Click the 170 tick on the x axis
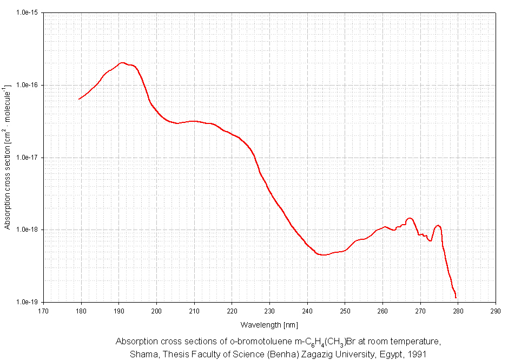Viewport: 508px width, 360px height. click(43, 311)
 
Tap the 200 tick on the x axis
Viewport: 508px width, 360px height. click(156, 311)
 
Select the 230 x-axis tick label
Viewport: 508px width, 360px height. click(269, 311)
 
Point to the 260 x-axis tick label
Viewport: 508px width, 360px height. click(382, 311)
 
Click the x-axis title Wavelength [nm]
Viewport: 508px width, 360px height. click(269, 325)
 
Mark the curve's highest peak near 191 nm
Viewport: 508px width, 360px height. click(122, 63)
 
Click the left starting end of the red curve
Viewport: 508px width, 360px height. click(80, 99)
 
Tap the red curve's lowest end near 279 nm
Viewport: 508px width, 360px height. click(456, 297)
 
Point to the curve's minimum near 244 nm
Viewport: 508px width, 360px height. click(323, 255)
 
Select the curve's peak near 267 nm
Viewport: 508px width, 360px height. click(410, 218)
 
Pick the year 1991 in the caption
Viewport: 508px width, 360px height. click(417, 355)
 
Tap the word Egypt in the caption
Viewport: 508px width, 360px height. click(385, 355)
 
